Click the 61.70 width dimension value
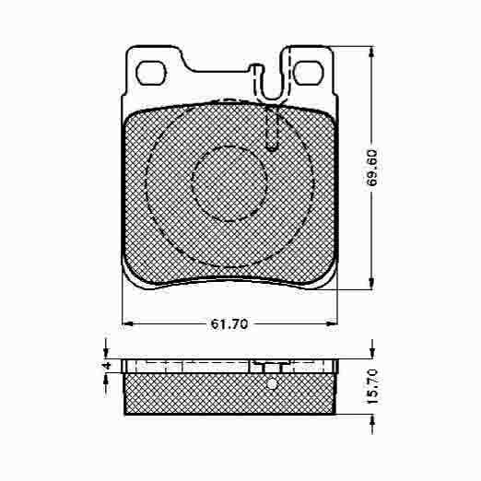[229, 324]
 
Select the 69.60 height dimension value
[372, 168]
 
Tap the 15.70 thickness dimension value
[372, 387]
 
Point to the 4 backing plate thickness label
[107, 366]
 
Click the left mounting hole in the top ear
[151, 74]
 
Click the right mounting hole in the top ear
[309, 73]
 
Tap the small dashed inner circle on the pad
[229, 183]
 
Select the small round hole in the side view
[272, 383]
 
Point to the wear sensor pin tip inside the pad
[272, 147]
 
